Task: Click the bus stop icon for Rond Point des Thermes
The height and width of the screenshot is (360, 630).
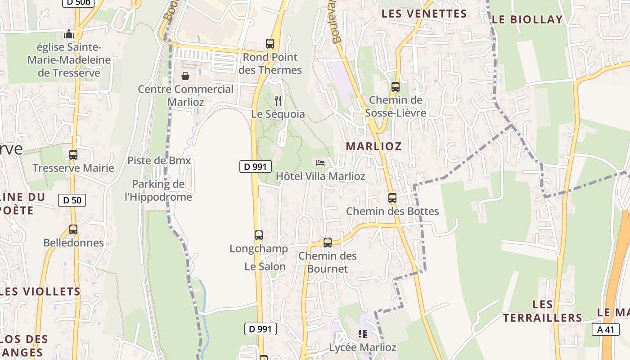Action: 270,44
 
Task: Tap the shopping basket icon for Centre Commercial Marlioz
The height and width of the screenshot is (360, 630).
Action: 185,76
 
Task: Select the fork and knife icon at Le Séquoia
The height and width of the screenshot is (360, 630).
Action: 278,100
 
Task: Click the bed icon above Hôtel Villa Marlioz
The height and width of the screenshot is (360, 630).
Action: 320,162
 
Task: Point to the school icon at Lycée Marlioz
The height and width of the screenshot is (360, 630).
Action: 363,334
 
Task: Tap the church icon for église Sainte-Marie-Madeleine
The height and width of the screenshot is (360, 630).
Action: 69,34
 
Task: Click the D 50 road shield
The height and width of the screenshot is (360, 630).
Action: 72,200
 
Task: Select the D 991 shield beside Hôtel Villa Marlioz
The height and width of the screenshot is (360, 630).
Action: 255,166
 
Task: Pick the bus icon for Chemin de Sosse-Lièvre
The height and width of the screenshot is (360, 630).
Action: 396,87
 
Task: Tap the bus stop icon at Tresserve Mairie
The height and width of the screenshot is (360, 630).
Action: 73,155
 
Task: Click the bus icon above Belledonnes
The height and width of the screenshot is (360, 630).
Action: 73,229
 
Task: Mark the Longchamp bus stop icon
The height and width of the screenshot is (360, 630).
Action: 258,235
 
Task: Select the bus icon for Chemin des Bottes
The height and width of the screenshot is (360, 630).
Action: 392,198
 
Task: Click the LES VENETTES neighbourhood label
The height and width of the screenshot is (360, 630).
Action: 424,14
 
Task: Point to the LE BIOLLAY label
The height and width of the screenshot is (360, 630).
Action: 527,19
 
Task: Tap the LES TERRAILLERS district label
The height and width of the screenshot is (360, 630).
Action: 542,311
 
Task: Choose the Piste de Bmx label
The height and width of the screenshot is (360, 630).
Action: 159,160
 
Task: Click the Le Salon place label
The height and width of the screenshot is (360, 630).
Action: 265,266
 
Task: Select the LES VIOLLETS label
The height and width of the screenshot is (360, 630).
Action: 40,292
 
